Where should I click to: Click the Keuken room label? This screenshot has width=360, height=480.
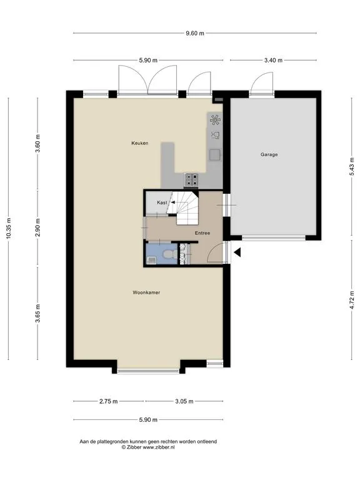pos(140,143)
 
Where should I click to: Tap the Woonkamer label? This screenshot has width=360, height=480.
pos(146,292)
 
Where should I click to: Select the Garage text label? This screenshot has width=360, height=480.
pos(269,154)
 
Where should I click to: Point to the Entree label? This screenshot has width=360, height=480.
pos(202,233)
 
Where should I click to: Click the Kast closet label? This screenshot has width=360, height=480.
pos(162,202)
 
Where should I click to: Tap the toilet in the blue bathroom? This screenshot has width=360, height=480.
pos(169,254)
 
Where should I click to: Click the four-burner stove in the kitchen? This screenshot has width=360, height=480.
pos(191,180)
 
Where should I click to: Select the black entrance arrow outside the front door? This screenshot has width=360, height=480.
pos(237,252)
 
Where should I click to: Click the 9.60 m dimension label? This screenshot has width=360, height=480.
pos(195,33)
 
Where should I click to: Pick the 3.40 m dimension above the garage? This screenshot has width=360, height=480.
pos(273,60)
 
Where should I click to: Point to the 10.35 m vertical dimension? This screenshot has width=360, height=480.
pos(9,228)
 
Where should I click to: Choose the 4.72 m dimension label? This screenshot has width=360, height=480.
pos(352,300)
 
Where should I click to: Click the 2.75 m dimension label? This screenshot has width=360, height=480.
pos(108,401)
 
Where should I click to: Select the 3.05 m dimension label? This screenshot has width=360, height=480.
pos(184,401)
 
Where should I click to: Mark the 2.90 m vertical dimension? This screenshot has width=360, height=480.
pos(37,227)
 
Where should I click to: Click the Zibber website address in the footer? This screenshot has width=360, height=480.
pos(159,447)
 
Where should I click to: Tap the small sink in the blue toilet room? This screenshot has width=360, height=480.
pos(151,260)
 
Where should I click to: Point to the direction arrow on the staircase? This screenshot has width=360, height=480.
pos(172,202)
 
